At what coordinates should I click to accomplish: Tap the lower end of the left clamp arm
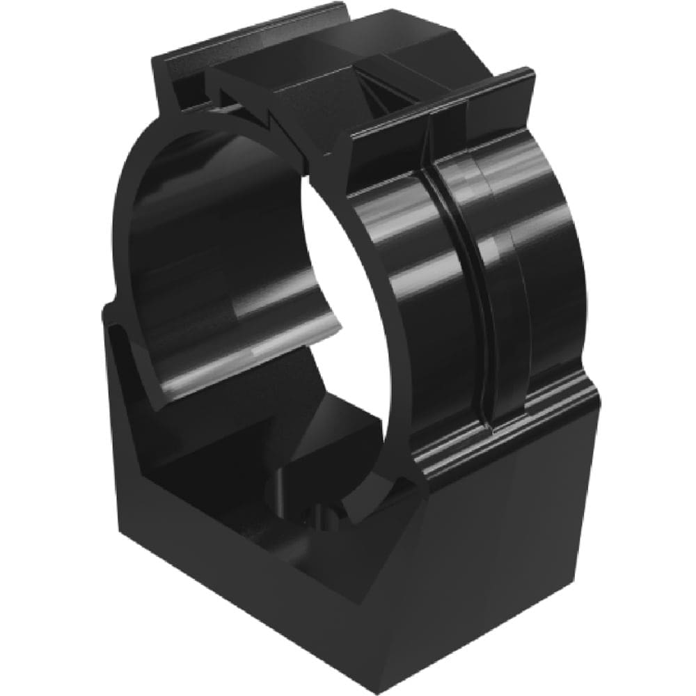pos(160,390)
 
